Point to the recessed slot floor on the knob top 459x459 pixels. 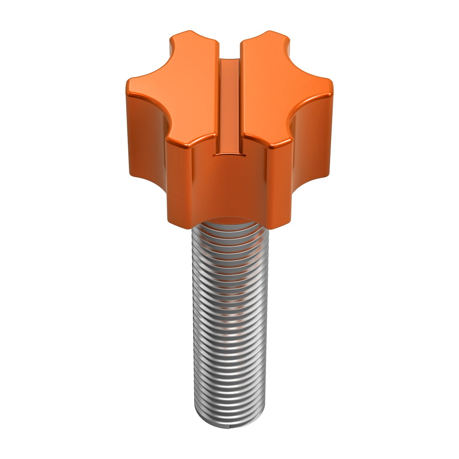coord(229,107)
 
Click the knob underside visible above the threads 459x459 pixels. coord(229,219)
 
